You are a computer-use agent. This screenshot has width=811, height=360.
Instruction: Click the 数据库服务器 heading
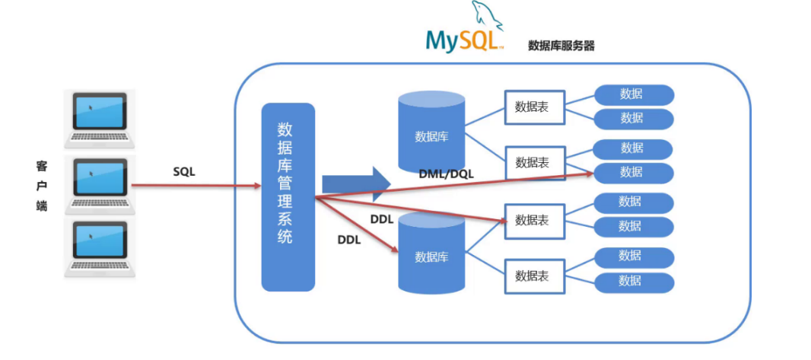pos(561,46)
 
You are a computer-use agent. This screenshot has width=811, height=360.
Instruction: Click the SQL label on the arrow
pos(184,172)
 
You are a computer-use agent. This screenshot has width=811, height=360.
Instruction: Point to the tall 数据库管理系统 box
pos(288,196)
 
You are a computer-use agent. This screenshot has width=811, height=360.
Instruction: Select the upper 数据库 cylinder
pos(431,132)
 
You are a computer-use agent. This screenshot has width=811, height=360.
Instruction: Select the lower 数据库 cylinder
pos(431,253)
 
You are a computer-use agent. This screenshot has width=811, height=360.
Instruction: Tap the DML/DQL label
pos(446,174)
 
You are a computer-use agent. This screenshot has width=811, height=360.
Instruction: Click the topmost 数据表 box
pos(535,107)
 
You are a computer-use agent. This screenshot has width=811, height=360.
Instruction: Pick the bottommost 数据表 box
pos(535,276)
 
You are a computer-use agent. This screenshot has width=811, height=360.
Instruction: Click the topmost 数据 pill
pos(634,94)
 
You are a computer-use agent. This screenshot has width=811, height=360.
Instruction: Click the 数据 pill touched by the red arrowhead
pos(634,173)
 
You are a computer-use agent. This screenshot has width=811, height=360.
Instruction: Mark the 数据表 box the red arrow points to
pos(535,221)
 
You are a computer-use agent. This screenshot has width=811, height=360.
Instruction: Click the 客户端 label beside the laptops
pos(42,185)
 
